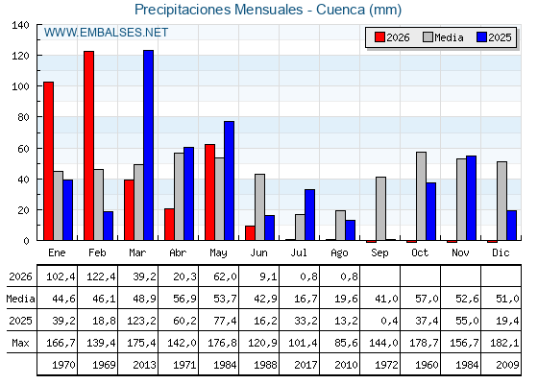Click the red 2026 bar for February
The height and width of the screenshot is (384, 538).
(x=88, y=146)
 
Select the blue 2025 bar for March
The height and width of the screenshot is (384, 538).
(x=149, y=145)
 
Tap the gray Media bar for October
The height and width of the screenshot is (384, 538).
(x=422, y=196)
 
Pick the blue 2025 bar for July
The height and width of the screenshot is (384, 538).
(x=309, y=215)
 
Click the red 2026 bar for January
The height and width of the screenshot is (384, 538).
(x=48, y=161)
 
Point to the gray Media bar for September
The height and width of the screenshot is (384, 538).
(x=380, y=208)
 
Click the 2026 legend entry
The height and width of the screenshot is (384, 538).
(x=392, y=37)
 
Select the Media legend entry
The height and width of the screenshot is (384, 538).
(x=443, y=37)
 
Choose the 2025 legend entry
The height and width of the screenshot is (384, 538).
(x=494, y=37)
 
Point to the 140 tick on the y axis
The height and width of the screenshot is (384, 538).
(x=20, y=25)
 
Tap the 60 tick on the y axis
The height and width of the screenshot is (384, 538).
(x=23, y=149)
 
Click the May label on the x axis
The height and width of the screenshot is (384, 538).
(x=219, y=253)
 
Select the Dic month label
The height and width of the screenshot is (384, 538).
(x=501, y=252)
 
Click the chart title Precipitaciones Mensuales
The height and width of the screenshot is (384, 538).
(x=219, y=10)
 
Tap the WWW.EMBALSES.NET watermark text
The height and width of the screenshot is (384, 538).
(x=106, y=33)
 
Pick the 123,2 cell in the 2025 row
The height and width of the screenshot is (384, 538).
(x=142, y=321)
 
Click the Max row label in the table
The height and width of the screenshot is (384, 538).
(x=20, y=343)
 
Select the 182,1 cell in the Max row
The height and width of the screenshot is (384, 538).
(x=504, y=343)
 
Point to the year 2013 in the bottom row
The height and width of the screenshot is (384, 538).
(x=144, y=365)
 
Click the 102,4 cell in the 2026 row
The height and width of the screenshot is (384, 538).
(x=61, y=276)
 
